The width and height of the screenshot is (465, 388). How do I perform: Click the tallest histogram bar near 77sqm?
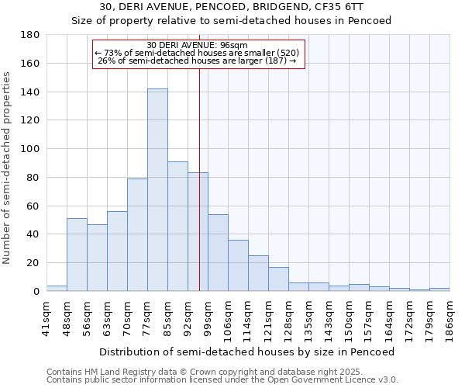pyautogui.click(x=157, y=190)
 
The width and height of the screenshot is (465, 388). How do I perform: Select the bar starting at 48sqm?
pyautogui.click(x=77, y=255)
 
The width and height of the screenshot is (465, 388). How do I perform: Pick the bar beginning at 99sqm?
pyautogui.click(x=218, y=253)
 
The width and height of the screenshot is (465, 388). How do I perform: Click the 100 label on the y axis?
pyautogui.click(x=31, y=149)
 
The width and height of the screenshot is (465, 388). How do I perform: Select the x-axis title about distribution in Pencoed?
pyautogui.click(x=247, y=352)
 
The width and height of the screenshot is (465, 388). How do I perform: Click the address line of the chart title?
pyautogui.click(x=232, y=8)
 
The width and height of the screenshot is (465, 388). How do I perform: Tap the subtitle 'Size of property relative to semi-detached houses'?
pyautogui.click(x=232, y=21)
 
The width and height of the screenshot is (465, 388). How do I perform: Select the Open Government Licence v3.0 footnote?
pyautogui.click(x=222, y=380)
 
